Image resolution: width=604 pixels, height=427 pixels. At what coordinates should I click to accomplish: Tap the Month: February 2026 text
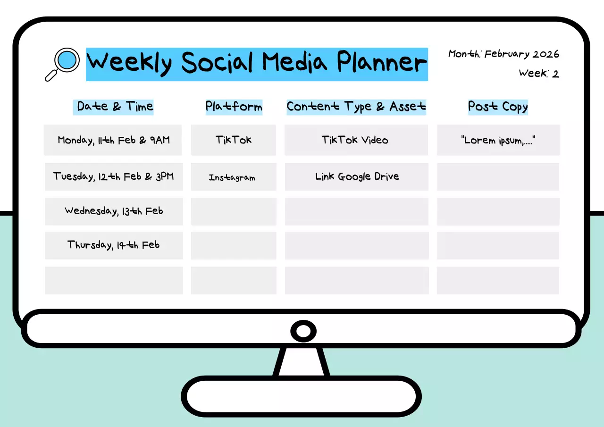pyautogui.click(x=503, y=54)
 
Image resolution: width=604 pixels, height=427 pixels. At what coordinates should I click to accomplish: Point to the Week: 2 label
pyautogui.click(x=538, y=74)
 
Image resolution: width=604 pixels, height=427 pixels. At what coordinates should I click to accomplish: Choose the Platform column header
pyautogui.click(x=234, y=107)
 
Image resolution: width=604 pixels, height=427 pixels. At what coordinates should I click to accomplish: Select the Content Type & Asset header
pyautogui.click(x=356, y=107)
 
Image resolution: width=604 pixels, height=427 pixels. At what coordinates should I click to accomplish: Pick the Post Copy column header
pyautogui.click(x=498, y=107)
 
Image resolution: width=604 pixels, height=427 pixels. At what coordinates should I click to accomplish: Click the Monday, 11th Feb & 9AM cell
pyautogui.click(x=113, y=140)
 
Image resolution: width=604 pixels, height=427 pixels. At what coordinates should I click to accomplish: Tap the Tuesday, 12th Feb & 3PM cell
pyautogui.click(x=113, y=176)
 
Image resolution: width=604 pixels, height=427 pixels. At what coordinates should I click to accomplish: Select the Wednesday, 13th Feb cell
pyautogui.click(x=113, y=211)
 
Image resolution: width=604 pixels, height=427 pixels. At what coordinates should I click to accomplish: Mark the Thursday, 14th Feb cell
pyautogui.click(x=113, y=245)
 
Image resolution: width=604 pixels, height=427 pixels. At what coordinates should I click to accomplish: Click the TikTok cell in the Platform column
pyautogui.click(x=234, y=140)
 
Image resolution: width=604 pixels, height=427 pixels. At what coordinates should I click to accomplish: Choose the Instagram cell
pyautogui.click(x=234, y=177)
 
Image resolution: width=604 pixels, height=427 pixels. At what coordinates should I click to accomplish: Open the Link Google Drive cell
pyautogui.click(x=357, y=176)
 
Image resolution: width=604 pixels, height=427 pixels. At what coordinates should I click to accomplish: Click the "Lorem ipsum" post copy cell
pyautogui.click(x=498, y=140)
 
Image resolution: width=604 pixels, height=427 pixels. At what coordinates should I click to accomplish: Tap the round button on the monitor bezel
pyautogui.click(x=303, y=331)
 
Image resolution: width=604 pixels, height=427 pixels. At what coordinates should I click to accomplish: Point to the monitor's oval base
pyautogui.click(x=301, y=396)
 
